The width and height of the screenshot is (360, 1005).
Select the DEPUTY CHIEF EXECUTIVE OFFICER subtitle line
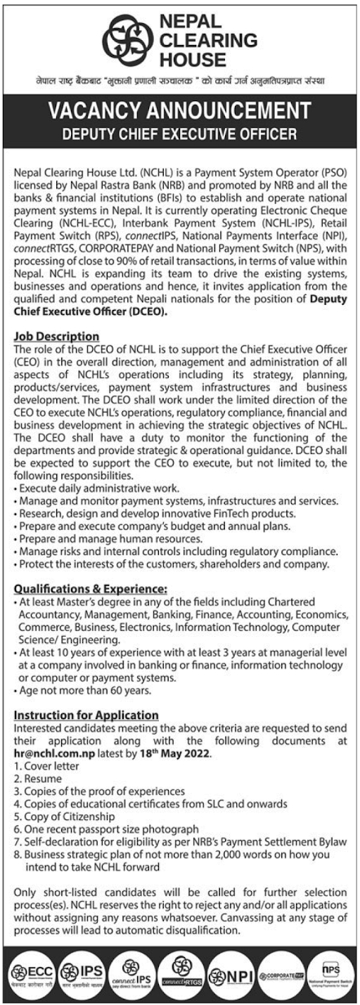179,131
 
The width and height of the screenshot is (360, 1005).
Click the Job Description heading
57,337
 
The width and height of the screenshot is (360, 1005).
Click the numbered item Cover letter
46,765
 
